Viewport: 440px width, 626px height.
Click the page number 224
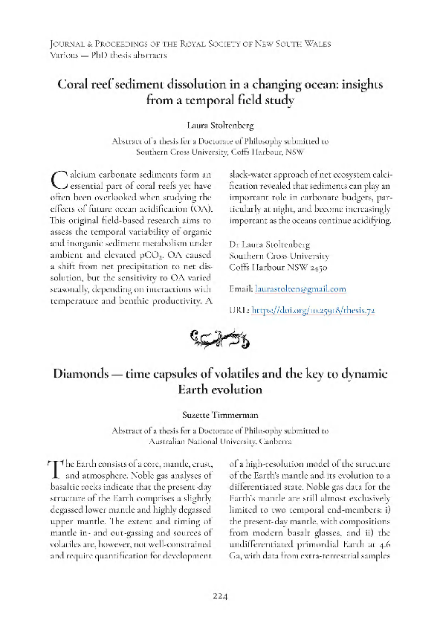click(x=219, y=596)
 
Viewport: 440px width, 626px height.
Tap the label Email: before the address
click(x=242, y=289)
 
